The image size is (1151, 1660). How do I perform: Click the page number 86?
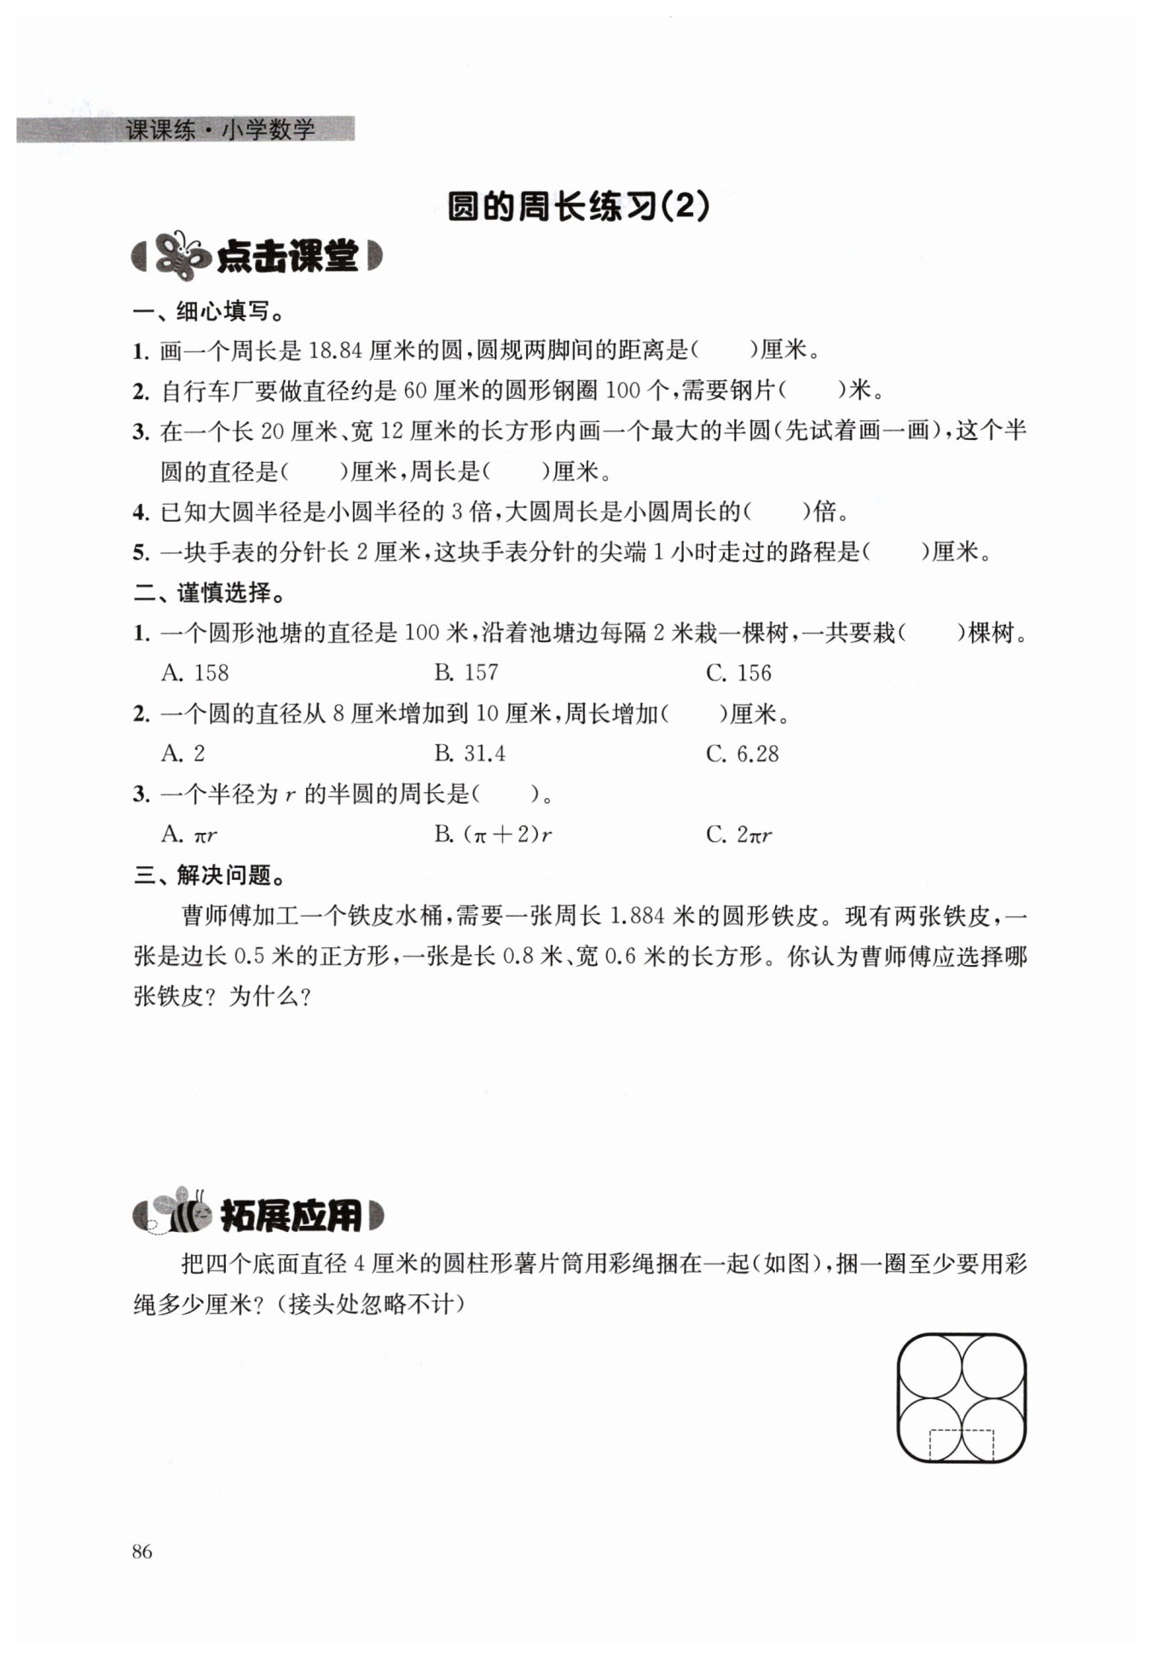click(x=142, y=1551)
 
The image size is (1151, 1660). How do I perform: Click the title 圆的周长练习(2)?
click(x=578, y=207)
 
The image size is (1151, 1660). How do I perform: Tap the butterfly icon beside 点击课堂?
click(x=180, y=255)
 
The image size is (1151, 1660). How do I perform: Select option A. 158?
click(x=195, y=673)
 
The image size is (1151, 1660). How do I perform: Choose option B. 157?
click(x=466, y=673)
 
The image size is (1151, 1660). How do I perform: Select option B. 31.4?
click(x=469, y=754)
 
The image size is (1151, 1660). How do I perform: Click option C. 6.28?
click(x=742, y=754)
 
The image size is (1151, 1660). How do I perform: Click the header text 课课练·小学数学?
click(x=220, y=130)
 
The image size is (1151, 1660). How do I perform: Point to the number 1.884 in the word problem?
click(x=638, y=916)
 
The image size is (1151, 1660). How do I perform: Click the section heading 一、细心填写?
click(x=209, y=311)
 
